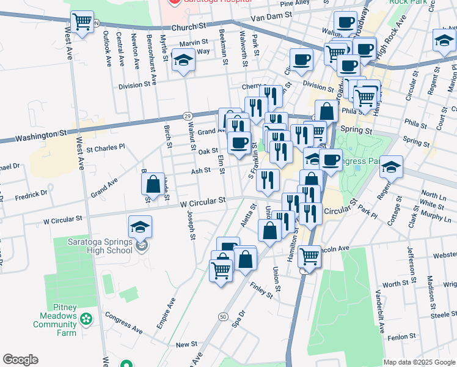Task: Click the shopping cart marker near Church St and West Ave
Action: (82, 23)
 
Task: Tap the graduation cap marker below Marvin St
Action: (183, 61)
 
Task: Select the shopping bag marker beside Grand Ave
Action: (152, 183)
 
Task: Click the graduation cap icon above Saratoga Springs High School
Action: (141, 228)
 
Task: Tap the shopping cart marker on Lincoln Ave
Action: (309, 257)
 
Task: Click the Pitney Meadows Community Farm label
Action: (55, 324)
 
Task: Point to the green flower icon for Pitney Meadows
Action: (86, 318)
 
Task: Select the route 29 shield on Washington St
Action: (188, 116)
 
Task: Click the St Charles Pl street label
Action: (105, 147)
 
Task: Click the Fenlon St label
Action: (401, 336)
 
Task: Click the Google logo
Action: (20, 360)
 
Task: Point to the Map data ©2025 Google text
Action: (419, 362)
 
